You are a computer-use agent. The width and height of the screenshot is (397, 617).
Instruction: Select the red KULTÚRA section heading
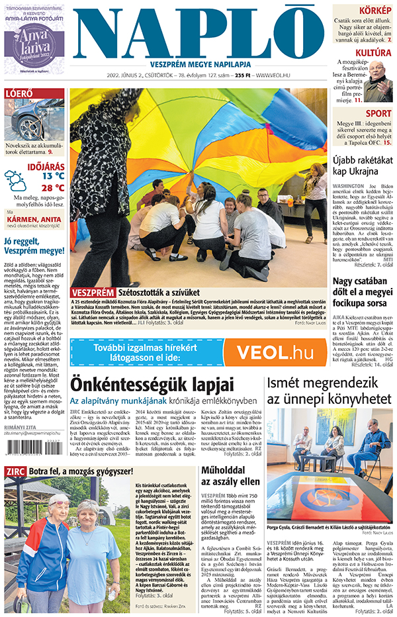tap(373, 53)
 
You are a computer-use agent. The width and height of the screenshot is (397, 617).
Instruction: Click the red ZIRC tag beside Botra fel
tap(15, 471)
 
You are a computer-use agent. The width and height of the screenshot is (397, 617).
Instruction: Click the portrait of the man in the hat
tap(378, 79)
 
